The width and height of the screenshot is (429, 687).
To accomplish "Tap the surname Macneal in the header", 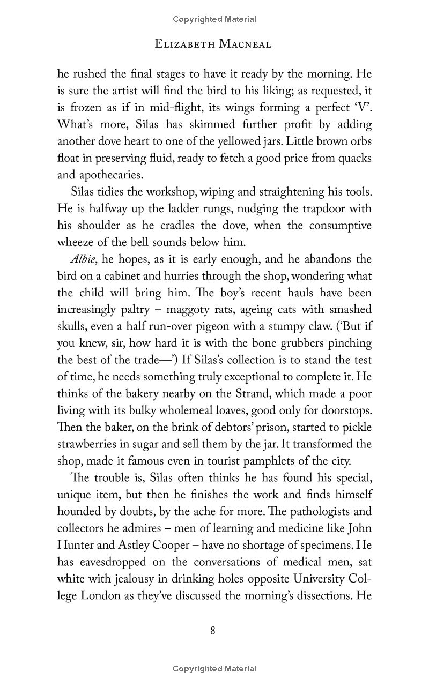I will click(245, 44).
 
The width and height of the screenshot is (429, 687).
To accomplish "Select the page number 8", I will click(213, 631).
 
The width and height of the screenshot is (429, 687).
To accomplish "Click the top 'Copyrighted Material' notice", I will click(214, 19).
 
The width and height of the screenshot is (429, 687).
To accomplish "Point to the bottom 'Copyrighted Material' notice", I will click(214, 669).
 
